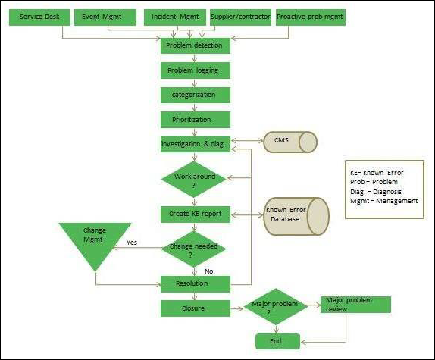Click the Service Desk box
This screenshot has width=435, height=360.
coord(37,16)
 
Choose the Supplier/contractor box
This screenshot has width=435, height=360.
coord(239,16)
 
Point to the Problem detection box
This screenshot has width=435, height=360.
coord(194,45)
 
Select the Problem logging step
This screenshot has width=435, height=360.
coord(194,70)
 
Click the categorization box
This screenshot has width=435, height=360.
coord(194,95)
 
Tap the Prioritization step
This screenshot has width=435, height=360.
coord(194,119)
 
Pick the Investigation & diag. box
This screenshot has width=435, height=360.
coord(194,143)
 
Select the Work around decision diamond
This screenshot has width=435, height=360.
coord(194,180)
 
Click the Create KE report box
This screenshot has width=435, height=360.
coord(194,214)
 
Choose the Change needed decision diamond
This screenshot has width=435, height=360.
coord(194,249)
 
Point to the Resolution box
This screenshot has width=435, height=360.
coord(194,283)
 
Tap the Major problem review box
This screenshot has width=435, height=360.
coord(355,304)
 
